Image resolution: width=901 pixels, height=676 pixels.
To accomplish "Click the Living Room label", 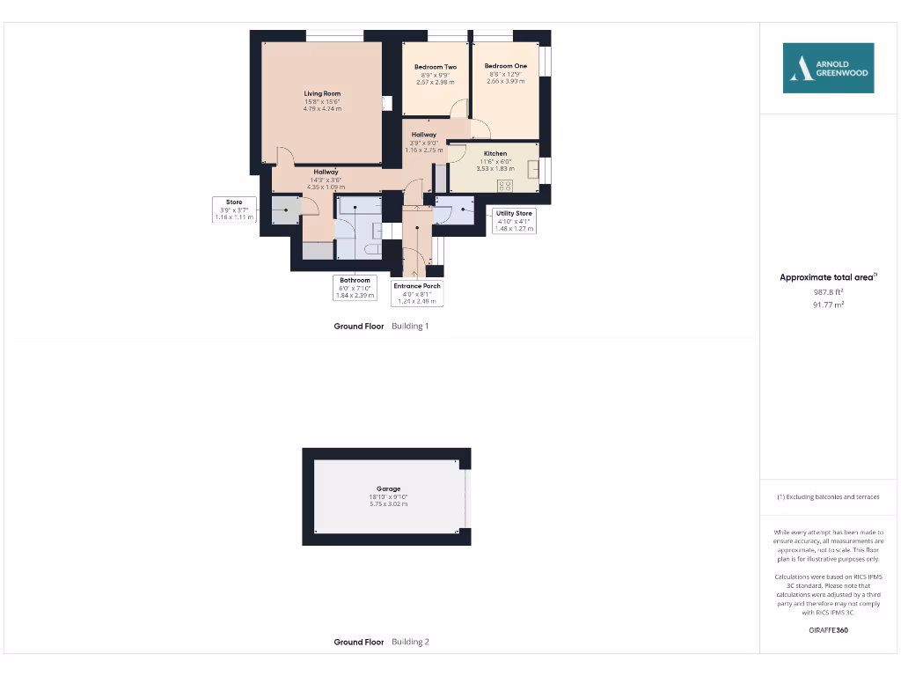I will tap(322, 93).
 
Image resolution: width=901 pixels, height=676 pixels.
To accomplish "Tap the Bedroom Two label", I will tap(436, 67).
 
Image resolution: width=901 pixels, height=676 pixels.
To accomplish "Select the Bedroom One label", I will tap(506, 66).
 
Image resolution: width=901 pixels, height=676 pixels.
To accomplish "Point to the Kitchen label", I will tap(495, 153).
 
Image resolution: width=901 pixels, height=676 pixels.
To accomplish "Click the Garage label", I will tap(388, 489).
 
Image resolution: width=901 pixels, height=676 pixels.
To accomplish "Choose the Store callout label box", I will tap(234, 209).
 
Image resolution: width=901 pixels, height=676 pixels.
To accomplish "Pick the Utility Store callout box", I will tap(514, 221).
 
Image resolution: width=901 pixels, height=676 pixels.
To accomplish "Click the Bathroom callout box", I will tap(355, 288).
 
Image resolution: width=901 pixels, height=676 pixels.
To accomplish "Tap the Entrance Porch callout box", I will tap(417, 293).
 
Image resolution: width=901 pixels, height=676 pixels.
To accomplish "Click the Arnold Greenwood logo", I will tap(828, 68).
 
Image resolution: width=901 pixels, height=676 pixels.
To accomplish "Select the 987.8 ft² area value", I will tap(828, 291).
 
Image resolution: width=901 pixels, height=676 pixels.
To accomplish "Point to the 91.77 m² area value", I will tap(828, 305).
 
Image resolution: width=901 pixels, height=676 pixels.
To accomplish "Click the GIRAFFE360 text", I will tap(828, 630).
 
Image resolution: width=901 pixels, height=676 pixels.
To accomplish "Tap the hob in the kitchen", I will tap(506, 185).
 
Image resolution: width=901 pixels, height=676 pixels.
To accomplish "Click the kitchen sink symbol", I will tap(533, 170).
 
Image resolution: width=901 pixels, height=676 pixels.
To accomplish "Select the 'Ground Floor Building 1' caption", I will tap(381, 326).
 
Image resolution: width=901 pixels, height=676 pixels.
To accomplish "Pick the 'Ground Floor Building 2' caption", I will tap(381, 642).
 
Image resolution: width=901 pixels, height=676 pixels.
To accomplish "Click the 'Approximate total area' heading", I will tap(828, 277).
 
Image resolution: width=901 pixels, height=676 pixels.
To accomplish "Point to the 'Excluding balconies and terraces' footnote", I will tap(828, 497).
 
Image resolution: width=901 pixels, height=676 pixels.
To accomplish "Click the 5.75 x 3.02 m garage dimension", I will tap(388, 504).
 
